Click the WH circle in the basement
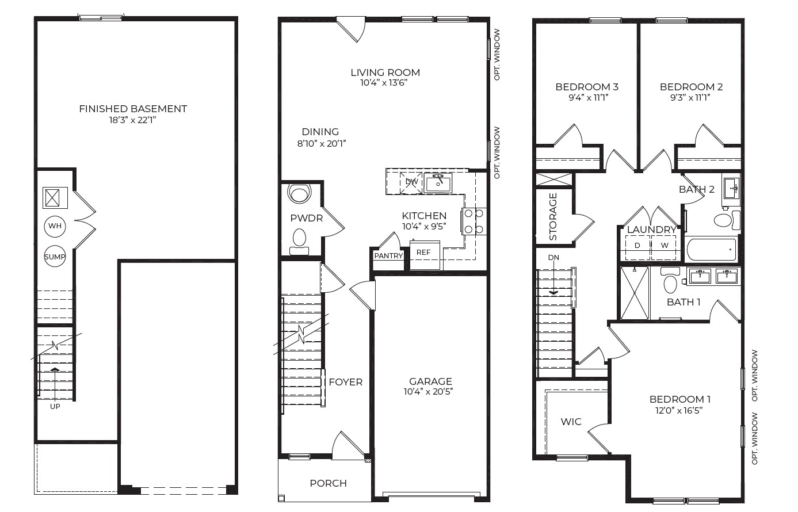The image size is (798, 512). tap(55, 226)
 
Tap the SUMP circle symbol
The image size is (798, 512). tap(55, 257)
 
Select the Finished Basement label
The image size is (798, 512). tap(133, 109)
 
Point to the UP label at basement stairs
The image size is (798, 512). tap(55, 406)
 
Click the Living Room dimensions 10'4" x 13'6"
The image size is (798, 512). tap(385, 83)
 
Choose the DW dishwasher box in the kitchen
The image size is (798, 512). tap(411, 182)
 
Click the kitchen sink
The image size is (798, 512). tap(438, 184)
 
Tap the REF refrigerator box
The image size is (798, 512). tap(424, 253)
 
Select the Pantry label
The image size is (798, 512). tap(388, 256)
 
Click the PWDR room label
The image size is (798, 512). tap(306, 219)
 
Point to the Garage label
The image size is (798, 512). tap(430, 381)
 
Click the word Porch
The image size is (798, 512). tap(328, 483)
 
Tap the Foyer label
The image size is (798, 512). tap(345, 382)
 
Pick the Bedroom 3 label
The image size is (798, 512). tap(586, 87)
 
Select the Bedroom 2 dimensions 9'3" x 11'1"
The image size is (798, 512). tap(690, 98)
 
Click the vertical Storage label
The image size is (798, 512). tap(553, 216)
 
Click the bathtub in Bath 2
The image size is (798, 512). tap(711, 250)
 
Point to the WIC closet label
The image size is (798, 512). tap(571, 422)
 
